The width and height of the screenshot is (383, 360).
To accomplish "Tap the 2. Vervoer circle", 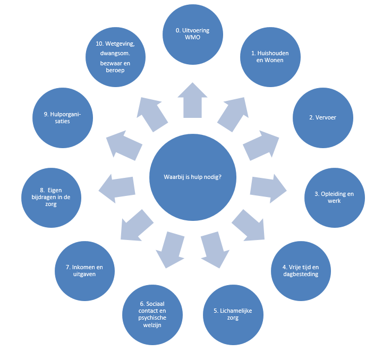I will pyautogui.click(x=323, y=117).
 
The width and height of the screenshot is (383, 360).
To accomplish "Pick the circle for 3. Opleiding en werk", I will pyautogui.click(x=337, y=198).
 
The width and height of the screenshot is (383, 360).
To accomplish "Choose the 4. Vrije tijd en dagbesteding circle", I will pyautogui.click(x=300, y=271).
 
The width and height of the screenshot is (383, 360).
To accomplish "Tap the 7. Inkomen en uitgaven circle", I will pyautogui.click(x=85, y=271).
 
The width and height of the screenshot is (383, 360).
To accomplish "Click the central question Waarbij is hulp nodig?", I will pyautogui.click(x=193, y=177).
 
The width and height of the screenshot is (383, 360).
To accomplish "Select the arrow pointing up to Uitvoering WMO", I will pyautogui.click(x=192, y=100).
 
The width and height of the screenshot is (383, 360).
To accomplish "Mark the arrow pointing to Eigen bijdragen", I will pyautogui.click(x=117, y=186).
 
